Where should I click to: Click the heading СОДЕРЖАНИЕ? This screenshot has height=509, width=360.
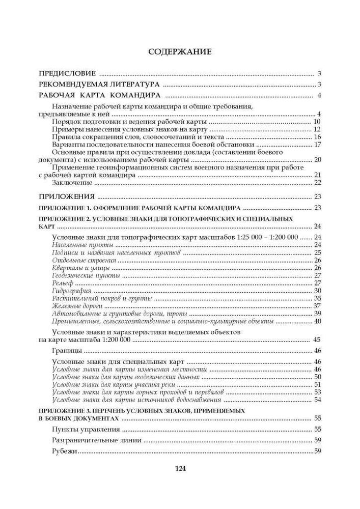click(179, 52)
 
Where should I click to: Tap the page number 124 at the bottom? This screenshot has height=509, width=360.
click(179, 469)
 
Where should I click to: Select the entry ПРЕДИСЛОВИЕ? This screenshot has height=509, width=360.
click(67, 73)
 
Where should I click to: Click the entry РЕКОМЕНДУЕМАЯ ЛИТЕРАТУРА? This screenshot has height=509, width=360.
click(99, 84)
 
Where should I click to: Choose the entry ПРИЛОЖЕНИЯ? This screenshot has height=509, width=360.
click(67, 196)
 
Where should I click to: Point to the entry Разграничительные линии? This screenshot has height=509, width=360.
click(97, 440)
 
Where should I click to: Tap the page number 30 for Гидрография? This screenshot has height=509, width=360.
click(318, 291)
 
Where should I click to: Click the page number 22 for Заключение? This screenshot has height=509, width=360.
click(318, 183)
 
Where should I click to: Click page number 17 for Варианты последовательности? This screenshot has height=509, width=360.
click(318, 144)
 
